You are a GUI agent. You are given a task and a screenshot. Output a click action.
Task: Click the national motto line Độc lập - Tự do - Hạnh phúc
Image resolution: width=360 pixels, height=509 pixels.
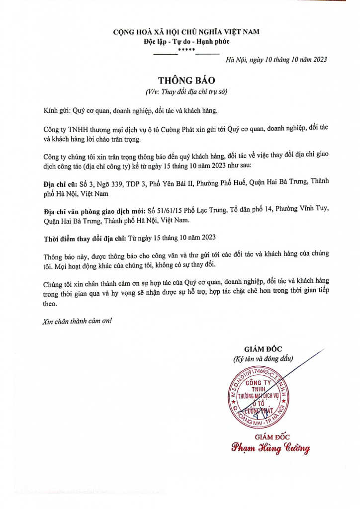[x=186, y=42]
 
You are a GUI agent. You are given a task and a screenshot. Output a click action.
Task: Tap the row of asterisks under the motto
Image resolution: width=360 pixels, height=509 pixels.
[x=187, y=51]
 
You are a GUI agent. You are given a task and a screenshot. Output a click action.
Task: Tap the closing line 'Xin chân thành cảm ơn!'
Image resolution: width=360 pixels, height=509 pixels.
[x=77, y=321]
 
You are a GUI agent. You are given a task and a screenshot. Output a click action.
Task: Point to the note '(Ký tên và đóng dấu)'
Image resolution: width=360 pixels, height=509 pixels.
[x=264, y=358]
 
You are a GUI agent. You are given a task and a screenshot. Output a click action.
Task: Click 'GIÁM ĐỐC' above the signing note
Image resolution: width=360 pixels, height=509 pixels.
[x=264, y=348]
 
